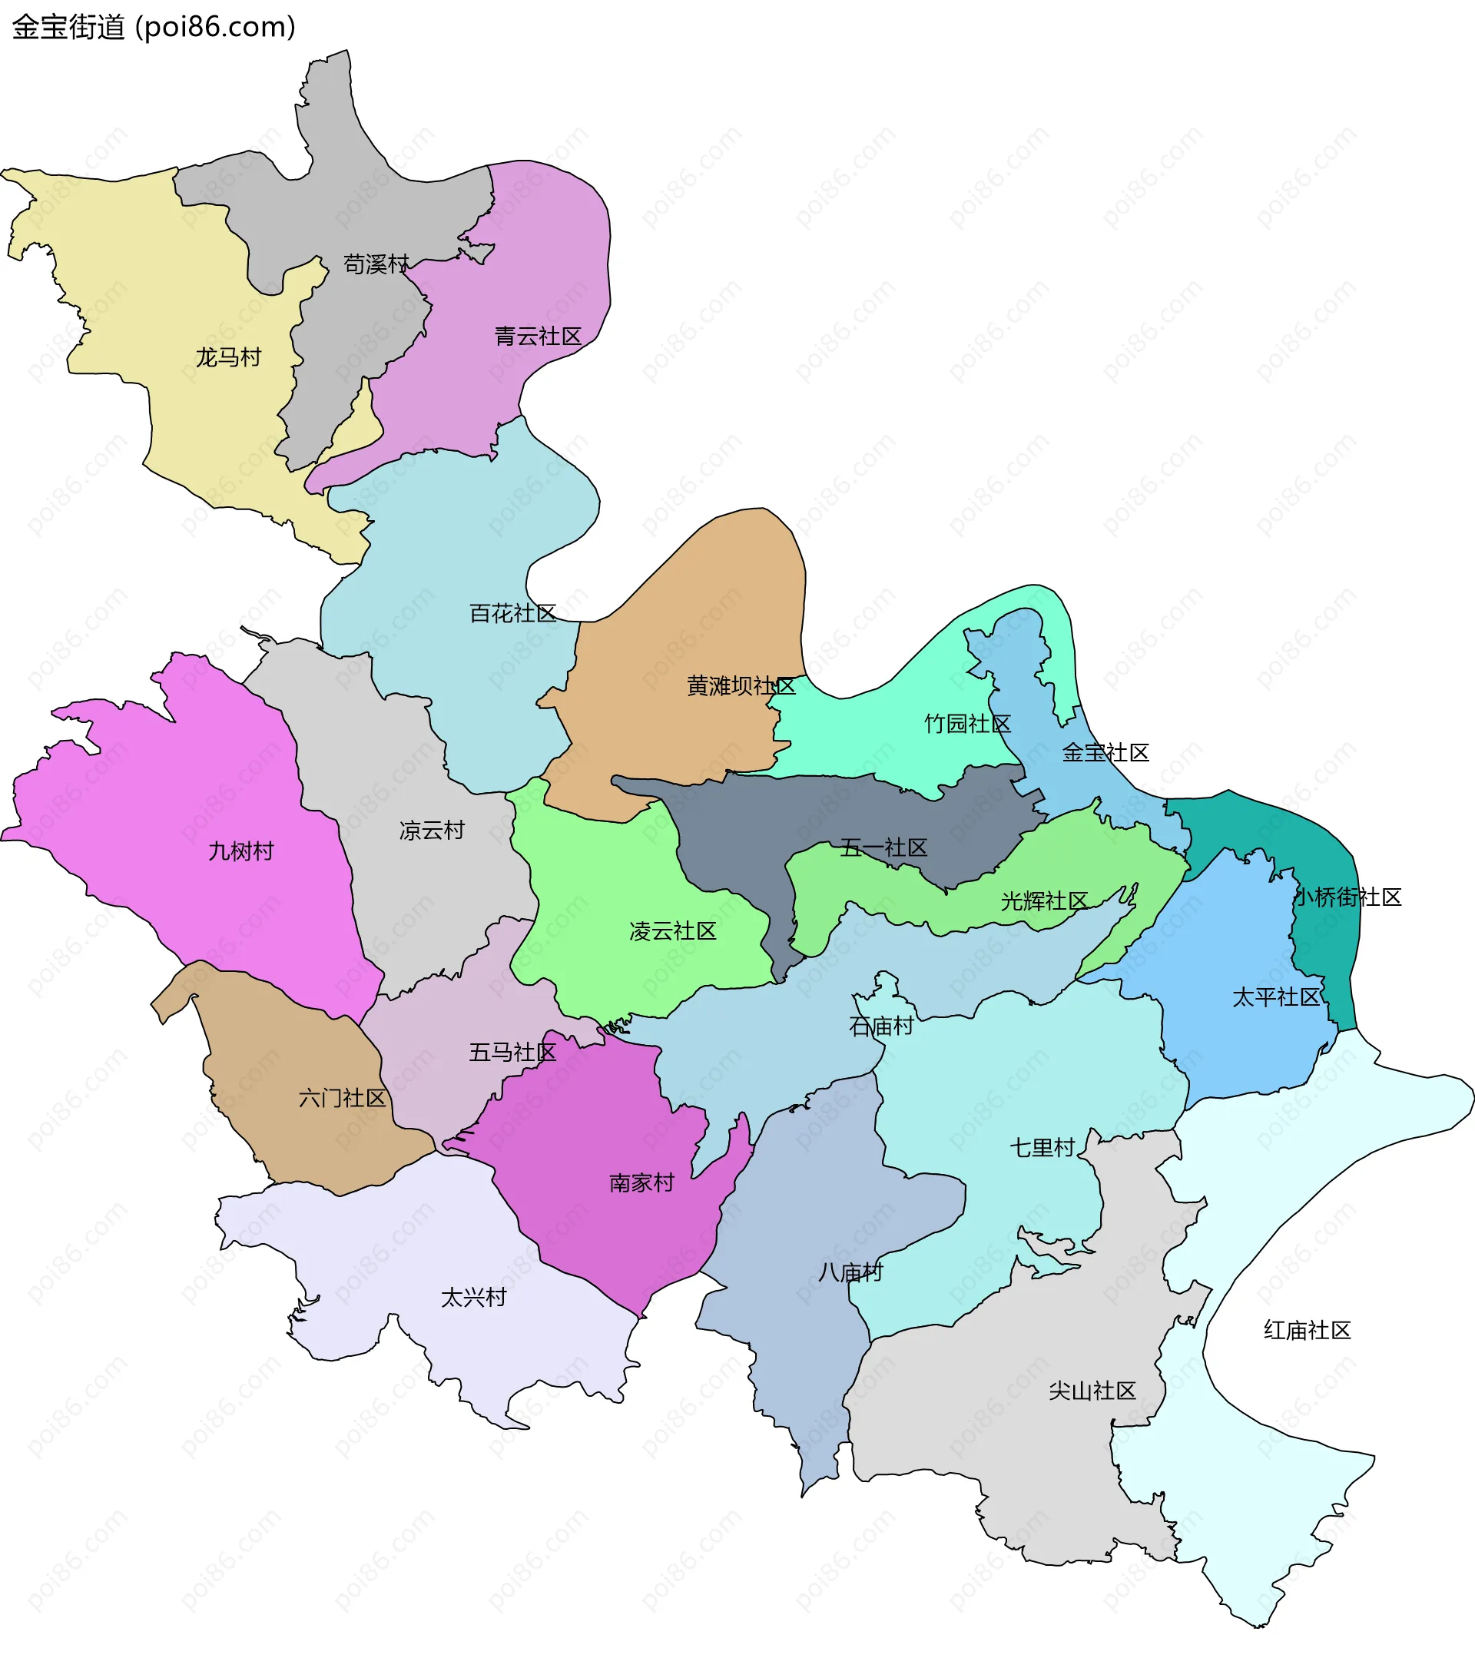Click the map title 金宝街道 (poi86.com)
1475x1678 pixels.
(154, 27)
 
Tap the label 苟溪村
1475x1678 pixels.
(376, 264)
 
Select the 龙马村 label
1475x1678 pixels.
(228, 357)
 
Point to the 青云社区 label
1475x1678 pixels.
(538, 336)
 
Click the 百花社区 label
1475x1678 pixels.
(513, 613)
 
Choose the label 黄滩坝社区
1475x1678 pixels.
(741, 685)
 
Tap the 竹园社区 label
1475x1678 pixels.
(967, 723)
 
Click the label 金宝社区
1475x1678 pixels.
(1105, 752)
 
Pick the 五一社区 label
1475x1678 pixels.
(883, 847)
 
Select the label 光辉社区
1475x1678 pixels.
(1044, 900)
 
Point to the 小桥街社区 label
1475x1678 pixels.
(1347, 897)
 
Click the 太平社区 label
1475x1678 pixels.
(1275, 997)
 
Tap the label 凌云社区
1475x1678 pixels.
(673, 930)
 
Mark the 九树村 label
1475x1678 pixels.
(240, 851)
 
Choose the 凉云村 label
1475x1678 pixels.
(432, 830)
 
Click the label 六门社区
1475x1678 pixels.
(343, 1098)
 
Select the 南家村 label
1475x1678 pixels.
(642, 1182)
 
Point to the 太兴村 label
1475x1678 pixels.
(473, 1297)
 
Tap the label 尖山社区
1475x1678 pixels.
(1092, 1390)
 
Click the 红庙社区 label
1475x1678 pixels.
(1307, 1330)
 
